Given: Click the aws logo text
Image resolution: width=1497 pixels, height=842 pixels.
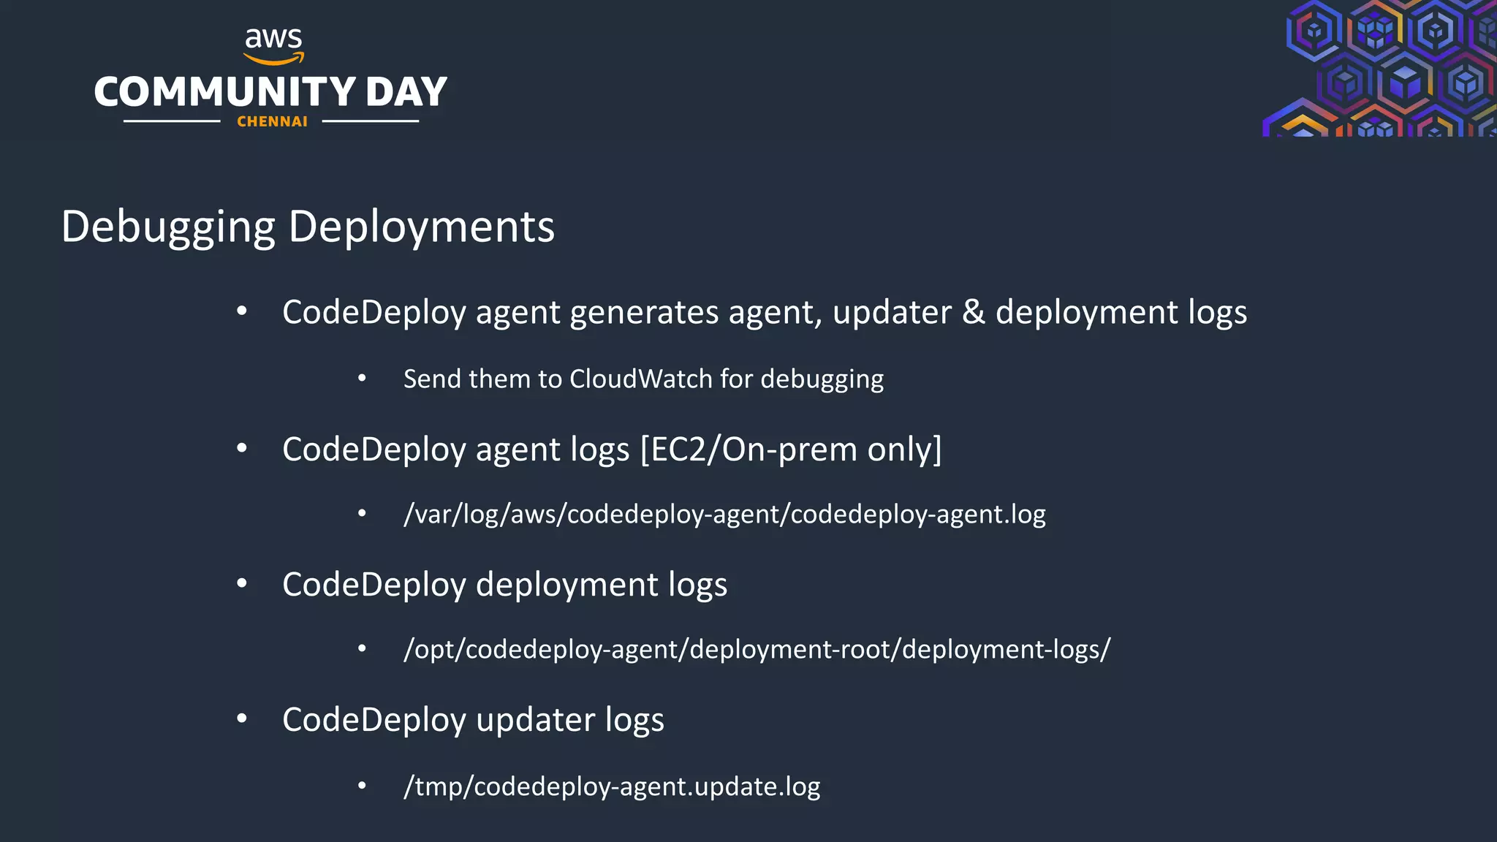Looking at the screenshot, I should (273, 38).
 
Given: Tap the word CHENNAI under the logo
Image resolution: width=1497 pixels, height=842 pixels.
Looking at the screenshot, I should (272, 121).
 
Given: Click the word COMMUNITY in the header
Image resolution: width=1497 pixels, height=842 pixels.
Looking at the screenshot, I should (225, 92).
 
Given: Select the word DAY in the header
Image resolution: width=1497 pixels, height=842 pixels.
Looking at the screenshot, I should (406, 92).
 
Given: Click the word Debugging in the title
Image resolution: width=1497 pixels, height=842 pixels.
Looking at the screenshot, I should (168, 227).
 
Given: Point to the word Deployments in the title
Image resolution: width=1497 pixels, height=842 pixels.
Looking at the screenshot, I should (422, 227).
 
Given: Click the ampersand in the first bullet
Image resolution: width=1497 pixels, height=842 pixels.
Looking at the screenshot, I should (973, 312).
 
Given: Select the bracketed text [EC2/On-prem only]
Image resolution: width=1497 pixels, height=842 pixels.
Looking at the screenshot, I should (791, 449).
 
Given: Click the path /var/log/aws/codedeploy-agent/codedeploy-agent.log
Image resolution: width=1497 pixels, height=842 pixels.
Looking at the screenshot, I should (724, 514).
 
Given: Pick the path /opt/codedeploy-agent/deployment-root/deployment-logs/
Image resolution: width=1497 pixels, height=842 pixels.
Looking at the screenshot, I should (757, 649).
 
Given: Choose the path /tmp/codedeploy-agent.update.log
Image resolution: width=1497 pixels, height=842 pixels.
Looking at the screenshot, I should (612, 786).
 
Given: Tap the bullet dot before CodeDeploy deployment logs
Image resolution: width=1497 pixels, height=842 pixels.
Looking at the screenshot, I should (242, 583).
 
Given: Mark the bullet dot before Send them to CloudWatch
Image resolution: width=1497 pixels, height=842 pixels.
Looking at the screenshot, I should (362, 378).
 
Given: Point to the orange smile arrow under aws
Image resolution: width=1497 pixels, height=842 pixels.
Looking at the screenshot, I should (273, 58).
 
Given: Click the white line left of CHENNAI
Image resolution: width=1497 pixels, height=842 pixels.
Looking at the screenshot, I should (172, 121).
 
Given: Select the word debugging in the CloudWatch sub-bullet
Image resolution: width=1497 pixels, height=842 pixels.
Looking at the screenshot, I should (822, 379).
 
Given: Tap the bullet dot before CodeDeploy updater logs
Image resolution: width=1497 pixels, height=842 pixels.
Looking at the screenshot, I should (242, 718).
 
